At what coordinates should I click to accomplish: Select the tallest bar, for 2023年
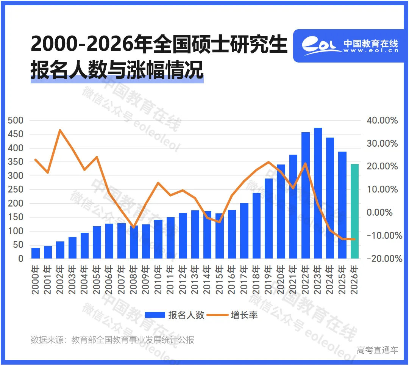318,193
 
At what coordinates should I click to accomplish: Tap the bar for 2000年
36,253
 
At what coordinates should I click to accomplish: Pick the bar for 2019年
269,219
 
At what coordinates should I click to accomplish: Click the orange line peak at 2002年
60,130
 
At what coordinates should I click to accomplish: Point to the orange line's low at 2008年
133,227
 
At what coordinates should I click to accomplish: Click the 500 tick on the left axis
16,121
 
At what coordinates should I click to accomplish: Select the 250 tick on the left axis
16,190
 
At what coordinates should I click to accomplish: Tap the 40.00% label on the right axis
382,121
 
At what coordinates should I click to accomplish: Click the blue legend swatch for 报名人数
155,315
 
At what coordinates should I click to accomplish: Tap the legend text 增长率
244,315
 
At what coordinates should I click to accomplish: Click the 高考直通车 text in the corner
378,350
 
